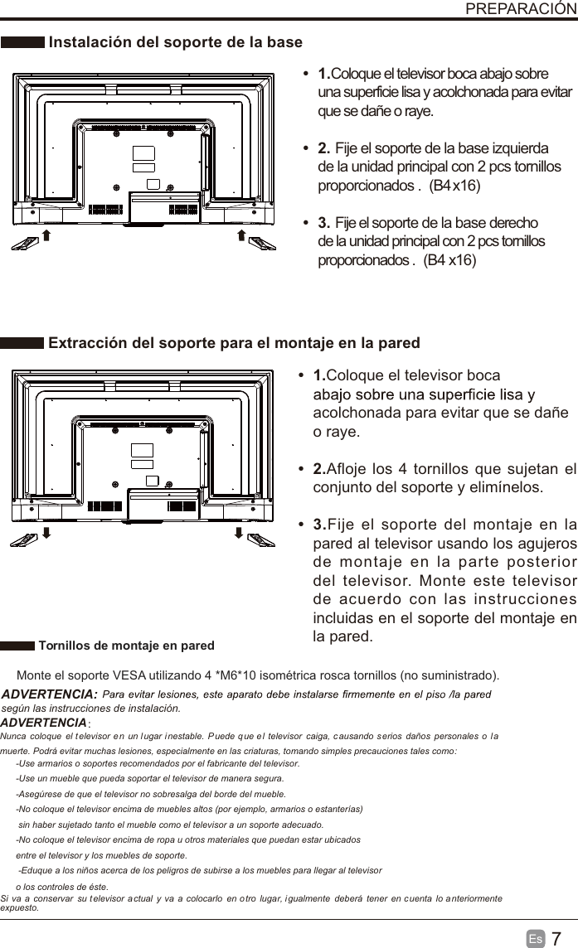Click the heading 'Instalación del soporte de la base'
coord(176,42)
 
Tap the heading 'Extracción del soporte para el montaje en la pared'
coord(235,343)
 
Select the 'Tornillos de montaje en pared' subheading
coord(126,646)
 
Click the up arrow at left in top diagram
coord(47,237)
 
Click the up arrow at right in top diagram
coord(240,237)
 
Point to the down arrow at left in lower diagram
coord(47,531)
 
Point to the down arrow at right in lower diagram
coord(240,531)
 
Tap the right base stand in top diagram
coord(262,242)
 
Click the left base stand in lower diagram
coord(24,539)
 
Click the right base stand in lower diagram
coord(262,539)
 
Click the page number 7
coord(556,938)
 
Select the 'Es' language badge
coord(536,939)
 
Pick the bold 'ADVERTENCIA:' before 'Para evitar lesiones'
coord(50,694)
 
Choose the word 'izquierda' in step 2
coord(516,148)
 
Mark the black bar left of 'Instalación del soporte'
coord(22,42)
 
